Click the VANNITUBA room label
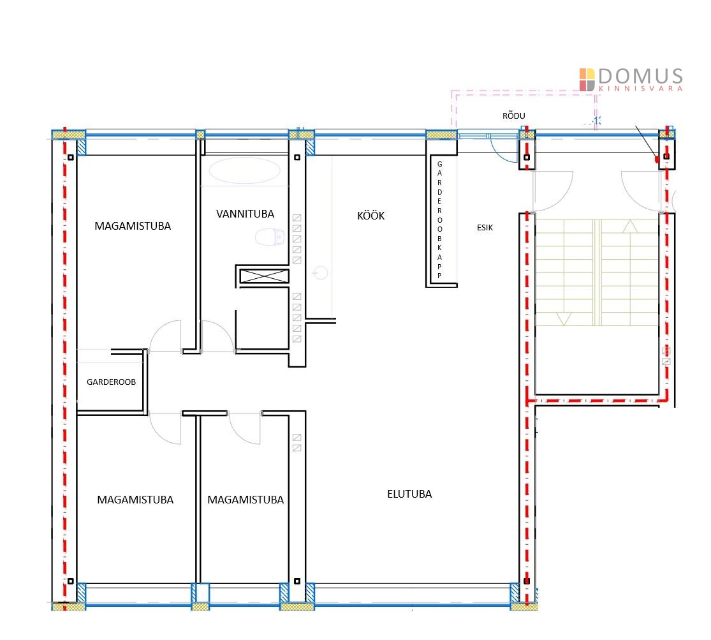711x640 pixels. point(245,214)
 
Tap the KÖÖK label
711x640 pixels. point(371,216)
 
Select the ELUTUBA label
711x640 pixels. point(409,494)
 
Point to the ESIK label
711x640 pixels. point(485,227)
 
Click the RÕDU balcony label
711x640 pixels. point(514,115)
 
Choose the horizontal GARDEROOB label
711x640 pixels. point(111,382)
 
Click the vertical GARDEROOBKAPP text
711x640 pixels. point(439,220)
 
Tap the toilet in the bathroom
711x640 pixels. point(270,237)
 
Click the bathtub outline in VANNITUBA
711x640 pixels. point(244,170)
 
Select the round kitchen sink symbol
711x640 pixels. point(321,273)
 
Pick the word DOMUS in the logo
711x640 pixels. point(641,76)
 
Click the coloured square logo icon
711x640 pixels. point(587,79)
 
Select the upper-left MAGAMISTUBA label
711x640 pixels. point(133,226)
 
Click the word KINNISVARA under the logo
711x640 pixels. point(641,89)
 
